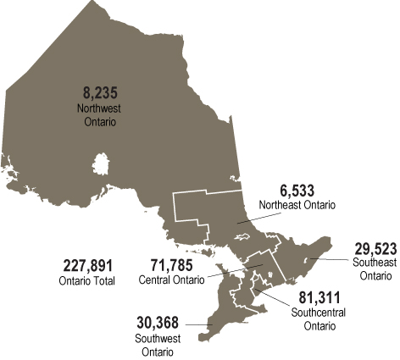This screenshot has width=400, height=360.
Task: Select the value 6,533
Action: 297,189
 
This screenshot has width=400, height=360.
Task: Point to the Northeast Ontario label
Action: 297,205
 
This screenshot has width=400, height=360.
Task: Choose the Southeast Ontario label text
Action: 373,269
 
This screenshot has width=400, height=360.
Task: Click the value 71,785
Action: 176,264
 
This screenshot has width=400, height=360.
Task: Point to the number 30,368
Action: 159,322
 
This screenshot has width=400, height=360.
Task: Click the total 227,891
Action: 87,264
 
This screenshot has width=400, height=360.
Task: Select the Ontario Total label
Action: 87,280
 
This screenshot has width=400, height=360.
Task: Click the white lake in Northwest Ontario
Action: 102,162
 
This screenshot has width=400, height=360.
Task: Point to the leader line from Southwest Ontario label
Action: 197,324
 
